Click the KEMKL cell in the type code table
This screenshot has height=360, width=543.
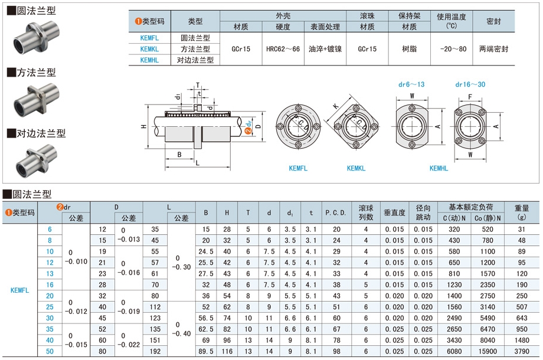pyautogui.click(x=150, y=49)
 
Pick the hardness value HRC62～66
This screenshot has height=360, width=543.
pyautogui.click(x=283, y=49)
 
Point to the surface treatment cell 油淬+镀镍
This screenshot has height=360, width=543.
pyautogui.click(x=325, y=49)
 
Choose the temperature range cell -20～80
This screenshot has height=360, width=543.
pyautogui.click(x=452, y=49)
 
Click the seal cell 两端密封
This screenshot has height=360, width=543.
pyautogui.click(x=493, y=49)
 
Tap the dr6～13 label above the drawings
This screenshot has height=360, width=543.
pyautogui.click(x=411, y=84)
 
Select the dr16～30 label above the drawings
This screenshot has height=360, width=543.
pyautogui.click(x=470, y=84)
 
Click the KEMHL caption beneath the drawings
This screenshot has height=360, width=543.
pyautogui.click(x=439, y=168)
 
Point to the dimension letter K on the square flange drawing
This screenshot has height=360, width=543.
pyautogui.click(x=336, y=106)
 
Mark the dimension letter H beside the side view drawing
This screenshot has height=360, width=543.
pyautogui.click(x=143, y=127)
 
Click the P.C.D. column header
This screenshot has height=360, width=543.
pyautogui.click(x=336, y=212)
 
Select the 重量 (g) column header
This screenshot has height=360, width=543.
pyautogui.click(x=521, y=212)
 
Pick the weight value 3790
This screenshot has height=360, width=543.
pyautogui.click(x=521, y=351)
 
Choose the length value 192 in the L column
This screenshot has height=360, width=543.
pyautogui.click(x=155, y=351)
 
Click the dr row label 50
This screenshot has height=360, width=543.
pyautogui.click(x=50, y=351)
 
